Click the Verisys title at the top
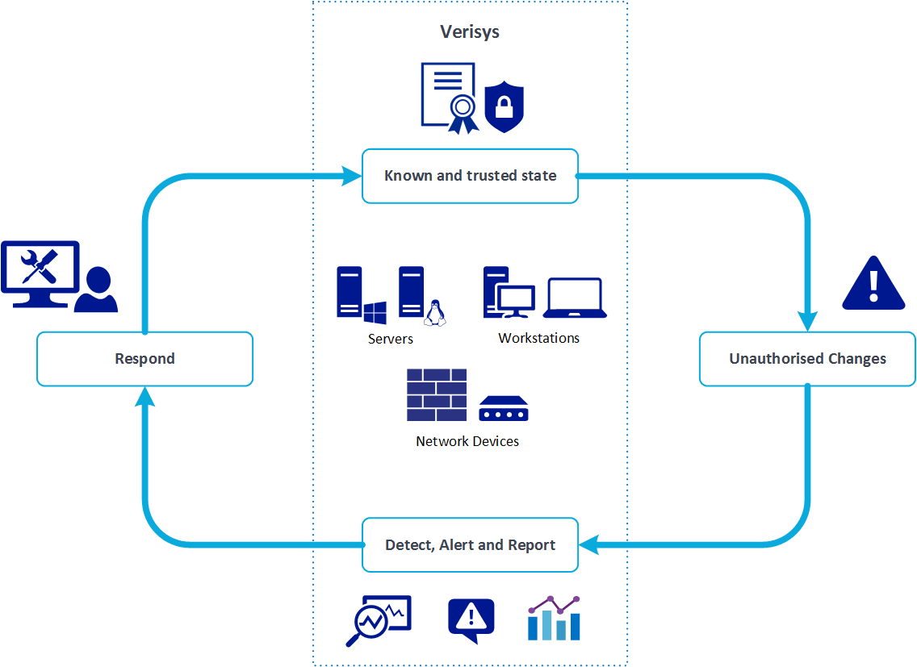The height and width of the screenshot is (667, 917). tap(469, 32)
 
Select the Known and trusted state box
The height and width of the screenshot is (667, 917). tap(470, 176)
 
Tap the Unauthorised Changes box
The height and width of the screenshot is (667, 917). tap(807, 359)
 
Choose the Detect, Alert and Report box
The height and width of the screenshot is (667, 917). tap(470, 545)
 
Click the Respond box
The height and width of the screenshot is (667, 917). tap(145, 359)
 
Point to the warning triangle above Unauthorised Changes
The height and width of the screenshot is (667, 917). tap(873, 284)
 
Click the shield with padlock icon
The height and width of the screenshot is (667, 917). tap(505, 106)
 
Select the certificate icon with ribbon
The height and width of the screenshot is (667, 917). tap(448, 97)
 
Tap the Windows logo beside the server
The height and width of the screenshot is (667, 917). tap(375, 313)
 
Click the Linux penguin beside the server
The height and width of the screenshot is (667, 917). tap(436, 313)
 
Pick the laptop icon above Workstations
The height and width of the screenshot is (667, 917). tap(576, 298)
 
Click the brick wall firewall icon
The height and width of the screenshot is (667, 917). tap(437, 395)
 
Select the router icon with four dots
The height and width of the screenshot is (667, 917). tap(504, 409)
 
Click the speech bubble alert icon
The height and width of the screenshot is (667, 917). tap(471, 620)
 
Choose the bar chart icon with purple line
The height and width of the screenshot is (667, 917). tap(554, 619)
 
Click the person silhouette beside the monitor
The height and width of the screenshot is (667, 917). tap(97, 290)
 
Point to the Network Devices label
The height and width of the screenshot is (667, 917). tap(467, 441)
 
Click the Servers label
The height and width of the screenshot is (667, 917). tap(391, 339)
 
